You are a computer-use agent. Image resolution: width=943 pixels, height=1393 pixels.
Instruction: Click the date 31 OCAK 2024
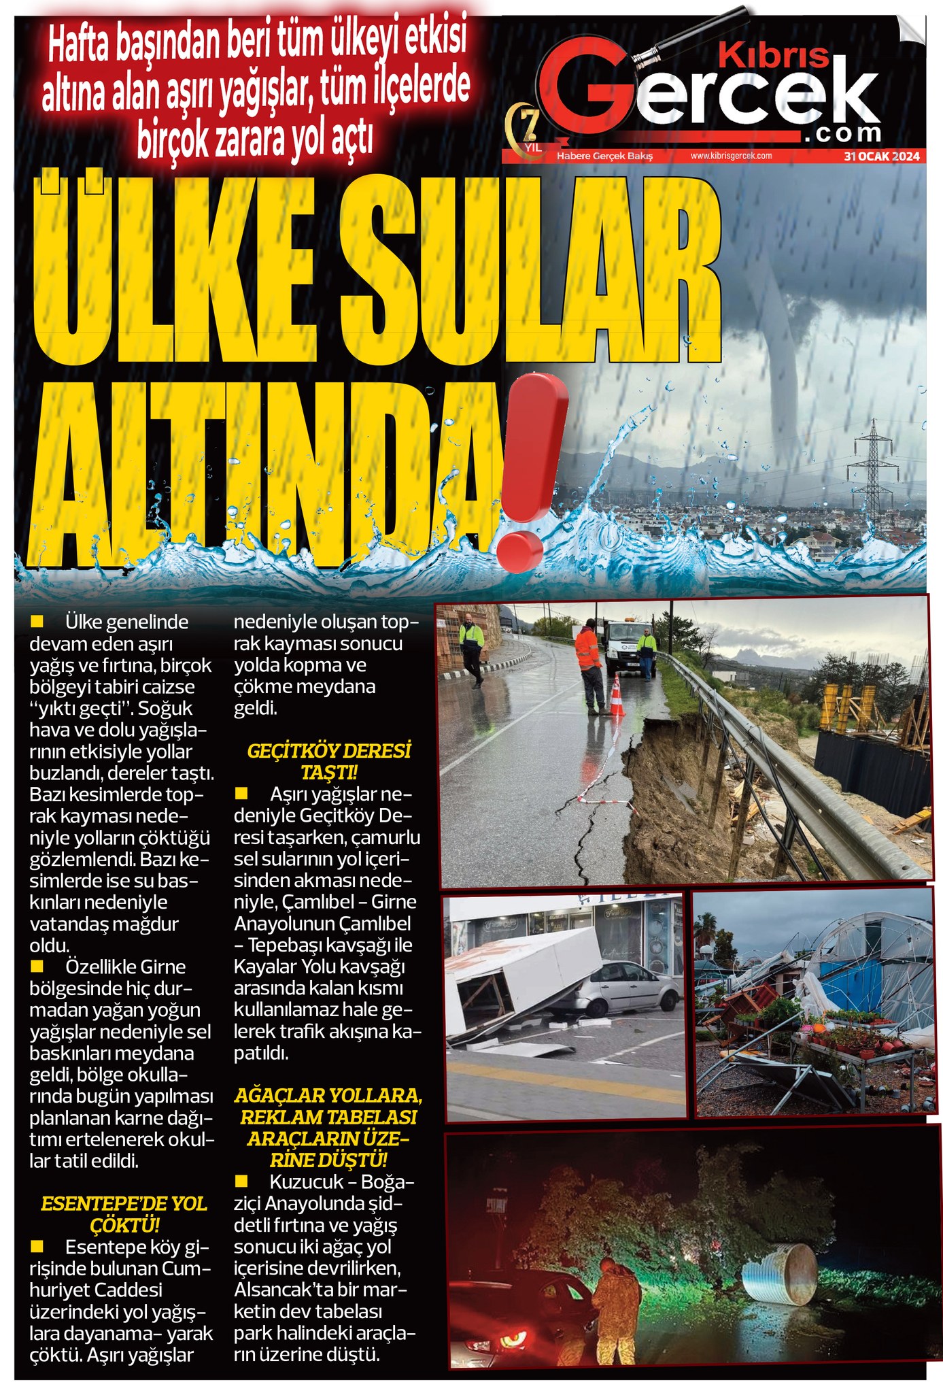pyautogui.click(x=881, y=156)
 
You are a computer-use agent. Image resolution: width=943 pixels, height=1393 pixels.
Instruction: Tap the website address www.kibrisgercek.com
pyautogui.click(x=731, y=156)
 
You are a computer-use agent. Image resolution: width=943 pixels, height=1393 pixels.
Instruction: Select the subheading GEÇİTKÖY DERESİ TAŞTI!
pyautogui.click(x=329, y=761)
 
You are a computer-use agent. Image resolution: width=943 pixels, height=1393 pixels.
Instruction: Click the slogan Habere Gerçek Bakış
pyautogui.click(x=604, y=156)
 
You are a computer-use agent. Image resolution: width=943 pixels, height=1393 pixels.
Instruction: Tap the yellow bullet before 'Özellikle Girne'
pyautogui.click(x=37, y=966)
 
